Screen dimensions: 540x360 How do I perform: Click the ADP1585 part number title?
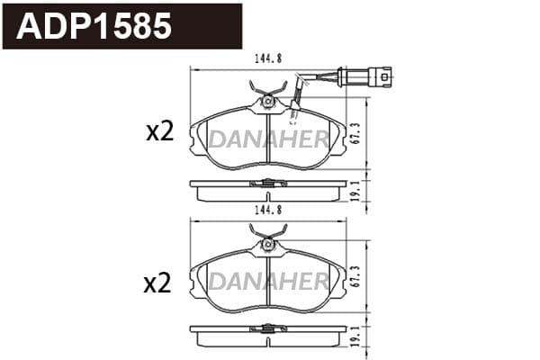(x=94, y=26)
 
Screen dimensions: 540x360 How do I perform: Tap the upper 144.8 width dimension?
(x=268, y=58)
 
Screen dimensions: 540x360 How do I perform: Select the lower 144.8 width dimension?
(x=268, y=210)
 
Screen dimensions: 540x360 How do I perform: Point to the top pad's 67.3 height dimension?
(x=356, y=133)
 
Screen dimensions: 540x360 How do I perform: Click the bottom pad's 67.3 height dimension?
(x=356, y=276)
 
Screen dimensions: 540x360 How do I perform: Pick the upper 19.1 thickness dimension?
(x=356, y=191)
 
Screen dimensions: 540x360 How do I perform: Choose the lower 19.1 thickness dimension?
(x=356, y=337)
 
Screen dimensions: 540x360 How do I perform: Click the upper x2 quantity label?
(x=160, y=132)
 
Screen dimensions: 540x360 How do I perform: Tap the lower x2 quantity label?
(x=157, y=283)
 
